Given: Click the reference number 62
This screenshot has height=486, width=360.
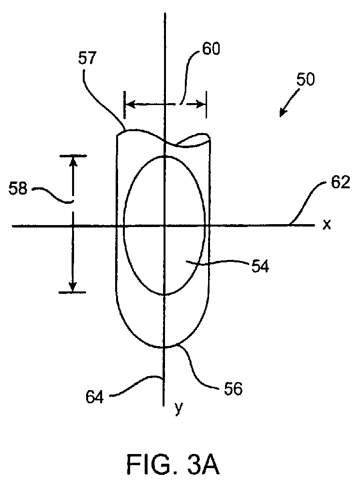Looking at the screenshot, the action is pyautogui.click(x=335, y=184).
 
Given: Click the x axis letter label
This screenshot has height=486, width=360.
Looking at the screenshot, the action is pyautogui.click(x=327, y=225).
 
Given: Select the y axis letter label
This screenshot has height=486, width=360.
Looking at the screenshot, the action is pyautogui.click(x=179, y=409).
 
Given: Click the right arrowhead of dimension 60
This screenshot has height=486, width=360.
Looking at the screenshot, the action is pyautogui.click(x=202, y=104).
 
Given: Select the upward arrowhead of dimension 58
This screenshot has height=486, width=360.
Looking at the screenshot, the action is pyautogui.click(x=73, y=161).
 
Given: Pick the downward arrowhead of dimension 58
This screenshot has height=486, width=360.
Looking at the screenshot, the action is pyautogui.click(x=73, y=288).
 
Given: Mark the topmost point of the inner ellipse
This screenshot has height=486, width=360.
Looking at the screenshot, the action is pyautogui.click(x=165, y=156).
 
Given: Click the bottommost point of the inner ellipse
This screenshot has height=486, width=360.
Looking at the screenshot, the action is pyautogui.click(x=165, y=294).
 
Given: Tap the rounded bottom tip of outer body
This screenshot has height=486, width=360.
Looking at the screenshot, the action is pyautogui.click(x=165, y=347).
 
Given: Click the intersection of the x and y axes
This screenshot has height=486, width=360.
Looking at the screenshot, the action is pyautogui.click(x=165, y=226).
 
